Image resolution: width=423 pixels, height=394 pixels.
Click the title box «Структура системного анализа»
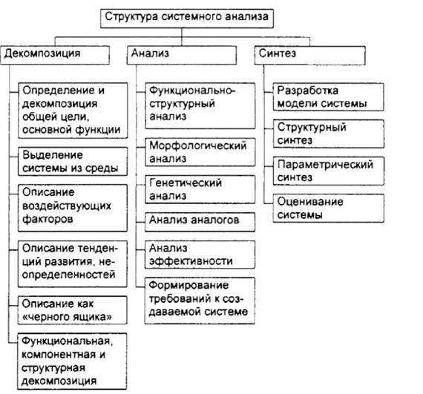[187, 19]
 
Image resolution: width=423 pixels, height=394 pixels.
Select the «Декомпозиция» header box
[55, 55]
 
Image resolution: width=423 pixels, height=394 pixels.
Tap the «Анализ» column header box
[182, 55]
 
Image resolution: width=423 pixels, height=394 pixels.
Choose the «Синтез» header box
[309, 55]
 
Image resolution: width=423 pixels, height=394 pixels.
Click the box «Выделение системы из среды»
[73, 162]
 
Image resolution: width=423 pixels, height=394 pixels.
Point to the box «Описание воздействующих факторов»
[73, 208]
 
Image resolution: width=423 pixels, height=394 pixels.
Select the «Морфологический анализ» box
[200, 152]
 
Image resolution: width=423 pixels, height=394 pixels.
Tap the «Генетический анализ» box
[200, 189]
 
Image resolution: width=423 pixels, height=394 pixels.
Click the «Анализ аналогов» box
[200, 222]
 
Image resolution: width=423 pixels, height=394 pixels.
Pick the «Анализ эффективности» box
[200, 255]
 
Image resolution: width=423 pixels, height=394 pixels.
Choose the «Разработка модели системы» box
[328, 96]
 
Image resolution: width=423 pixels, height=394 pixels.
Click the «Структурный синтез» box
[328, 134]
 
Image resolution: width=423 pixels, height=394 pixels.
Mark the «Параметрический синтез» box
[328, 171]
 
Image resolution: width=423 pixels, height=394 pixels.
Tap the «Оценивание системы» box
[328, 209]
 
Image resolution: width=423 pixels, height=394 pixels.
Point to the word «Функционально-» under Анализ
[192, 91]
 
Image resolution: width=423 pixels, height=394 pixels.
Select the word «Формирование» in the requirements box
[188, 286]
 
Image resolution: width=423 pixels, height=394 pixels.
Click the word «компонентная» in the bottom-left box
[59, 355]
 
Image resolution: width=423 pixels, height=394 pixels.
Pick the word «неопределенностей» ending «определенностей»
[69, 275]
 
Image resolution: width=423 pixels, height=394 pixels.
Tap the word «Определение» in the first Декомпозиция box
[59, 91]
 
